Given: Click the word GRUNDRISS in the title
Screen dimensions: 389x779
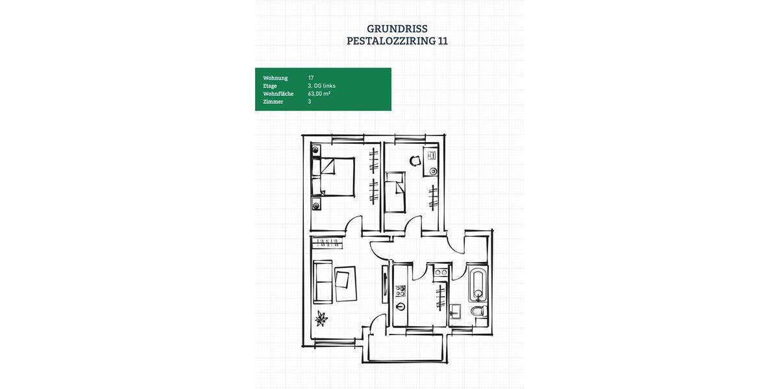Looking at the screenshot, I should coord(397,29).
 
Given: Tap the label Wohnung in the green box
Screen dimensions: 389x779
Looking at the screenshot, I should coord(275,78).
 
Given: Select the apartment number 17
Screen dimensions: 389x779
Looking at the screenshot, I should coord(311,78).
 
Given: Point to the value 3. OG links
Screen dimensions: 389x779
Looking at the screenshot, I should coord(321,86).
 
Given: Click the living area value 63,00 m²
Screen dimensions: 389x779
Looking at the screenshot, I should coord(319,93).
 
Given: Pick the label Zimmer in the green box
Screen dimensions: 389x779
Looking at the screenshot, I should coord(273,102).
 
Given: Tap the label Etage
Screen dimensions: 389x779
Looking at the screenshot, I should coord(270,86).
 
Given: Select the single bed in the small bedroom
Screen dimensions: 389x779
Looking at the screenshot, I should coord(395,192).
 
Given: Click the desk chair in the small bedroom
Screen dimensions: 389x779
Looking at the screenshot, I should coord(415,161).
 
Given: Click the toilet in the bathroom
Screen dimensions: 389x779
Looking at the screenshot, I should coord(479,313).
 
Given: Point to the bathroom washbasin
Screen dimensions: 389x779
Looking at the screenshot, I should coord(456,309).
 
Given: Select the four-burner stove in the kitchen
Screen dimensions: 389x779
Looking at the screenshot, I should coord(401,290).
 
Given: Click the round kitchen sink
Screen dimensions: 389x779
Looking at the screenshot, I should coord(401,307).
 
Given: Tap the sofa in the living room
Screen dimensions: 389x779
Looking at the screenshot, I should coord(323,281).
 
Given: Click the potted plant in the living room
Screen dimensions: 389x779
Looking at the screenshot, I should coord(321,318).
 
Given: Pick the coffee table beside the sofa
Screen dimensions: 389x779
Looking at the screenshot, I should coord(346,283).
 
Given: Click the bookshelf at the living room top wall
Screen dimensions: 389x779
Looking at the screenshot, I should coord(327,243).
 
